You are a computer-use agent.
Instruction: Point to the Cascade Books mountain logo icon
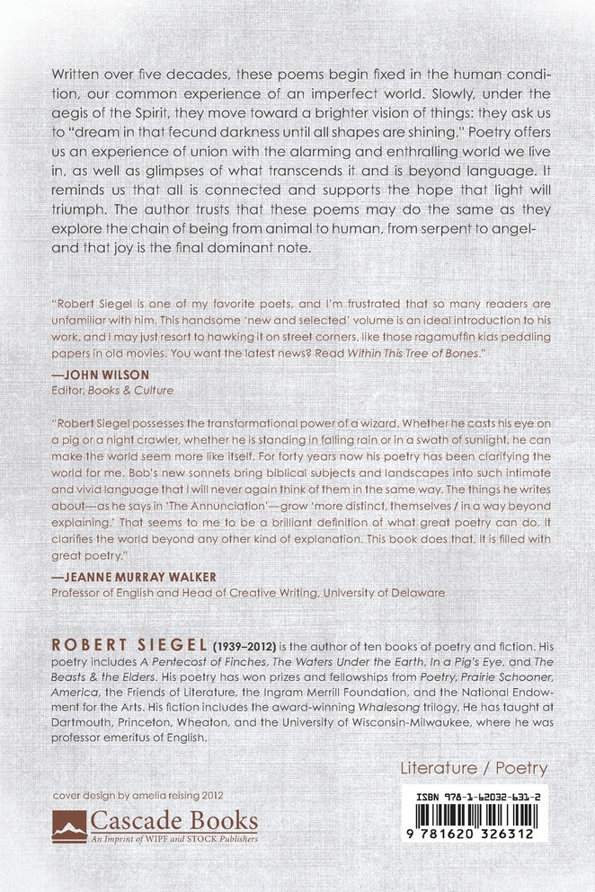point(69,824)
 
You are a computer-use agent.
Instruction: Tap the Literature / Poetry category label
point(474,768)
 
